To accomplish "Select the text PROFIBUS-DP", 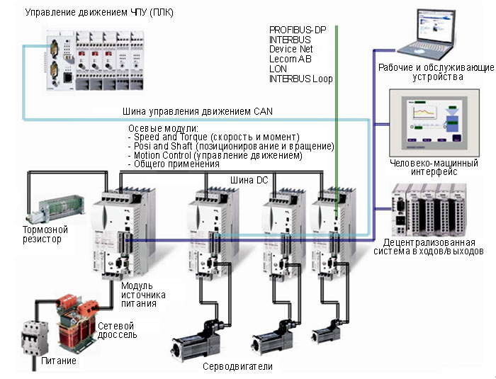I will click(297, 29).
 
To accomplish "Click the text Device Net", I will click(291, 50).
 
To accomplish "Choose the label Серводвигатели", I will click(237, 366).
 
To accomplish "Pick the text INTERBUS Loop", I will click(301, 79).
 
